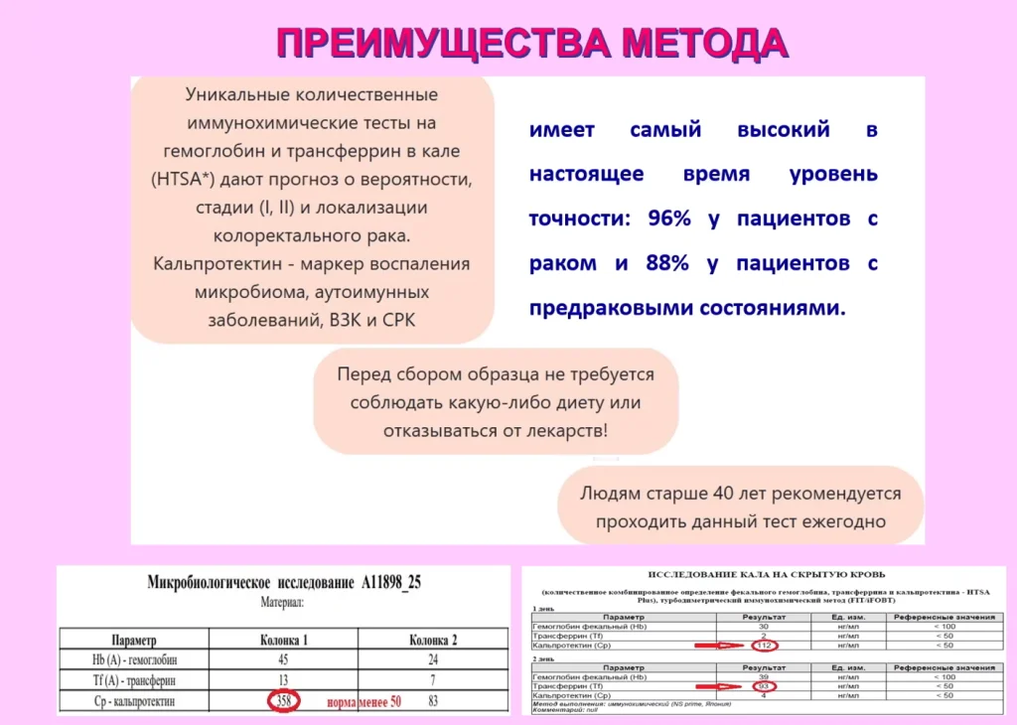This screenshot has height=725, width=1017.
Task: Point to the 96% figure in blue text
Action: tap(668, 218)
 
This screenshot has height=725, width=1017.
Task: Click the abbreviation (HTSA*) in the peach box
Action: tap(190, 180)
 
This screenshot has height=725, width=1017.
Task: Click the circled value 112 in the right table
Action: tap(764, 646)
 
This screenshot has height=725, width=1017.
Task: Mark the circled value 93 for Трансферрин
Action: tap(764, 685)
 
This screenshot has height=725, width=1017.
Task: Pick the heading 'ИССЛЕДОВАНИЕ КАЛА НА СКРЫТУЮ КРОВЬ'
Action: tap(767, 575)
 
